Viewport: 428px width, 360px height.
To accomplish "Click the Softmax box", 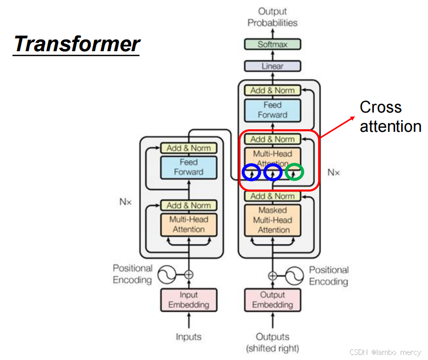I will (x=273, y=44).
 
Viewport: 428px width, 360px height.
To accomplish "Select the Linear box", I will (x=273, y=66).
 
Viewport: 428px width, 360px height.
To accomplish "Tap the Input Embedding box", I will (x=188, y=300).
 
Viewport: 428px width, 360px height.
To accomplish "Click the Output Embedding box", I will (x=273, y=300).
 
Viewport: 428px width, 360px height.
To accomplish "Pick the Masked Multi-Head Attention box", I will (x=273, y=220).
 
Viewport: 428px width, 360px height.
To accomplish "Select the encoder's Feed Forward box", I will (x=188, y=167).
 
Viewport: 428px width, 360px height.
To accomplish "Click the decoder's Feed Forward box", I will (x=273, y=110).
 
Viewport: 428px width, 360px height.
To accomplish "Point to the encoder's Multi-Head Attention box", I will (x=188, y=224).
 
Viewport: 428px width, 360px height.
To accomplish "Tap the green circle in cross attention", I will (x=294, y=172).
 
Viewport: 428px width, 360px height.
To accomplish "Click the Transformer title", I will (x=76, y=44).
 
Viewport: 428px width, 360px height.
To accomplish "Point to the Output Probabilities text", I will (x=273, y=17).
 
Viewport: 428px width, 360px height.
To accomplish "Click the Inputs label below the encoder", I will (x=188, y=337).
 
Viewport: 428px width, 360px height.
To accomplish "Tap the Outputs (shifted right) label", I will (x=273, y=342).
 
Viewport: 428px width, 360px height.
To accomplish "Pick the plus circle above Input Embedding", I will (x=188, y=275).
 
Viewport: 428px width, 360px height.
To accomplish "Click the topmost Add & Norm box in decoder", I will (x=273, y=90).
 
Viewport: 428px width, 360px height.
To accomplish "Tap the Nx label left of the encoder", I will (x=125, y=201).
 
